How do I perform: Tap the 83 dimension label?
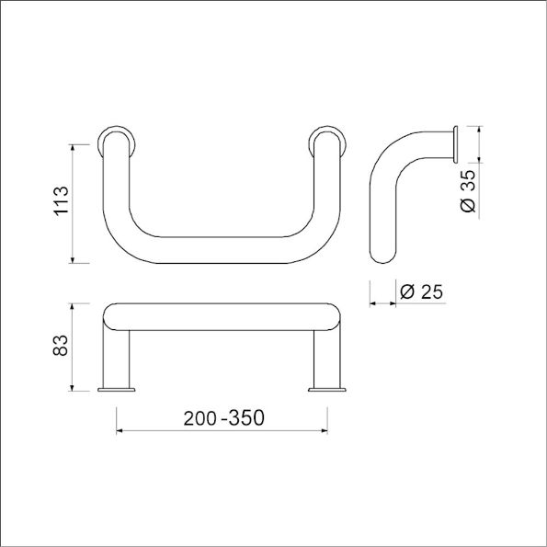click(x=62, y=345)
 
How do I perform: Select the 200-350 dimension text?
click(x=223, y=417)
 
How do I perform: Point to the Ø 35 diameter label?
click(x=468, y=191)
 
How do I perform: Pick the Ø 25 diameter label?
click(x=422, y=291)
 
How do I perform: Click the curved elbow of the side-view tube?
click(x=391, y=156)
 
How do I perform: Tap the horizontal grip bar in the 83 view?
click(x=221, y=316)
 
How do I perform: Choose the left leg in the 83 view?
click(x=118, y=359)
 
